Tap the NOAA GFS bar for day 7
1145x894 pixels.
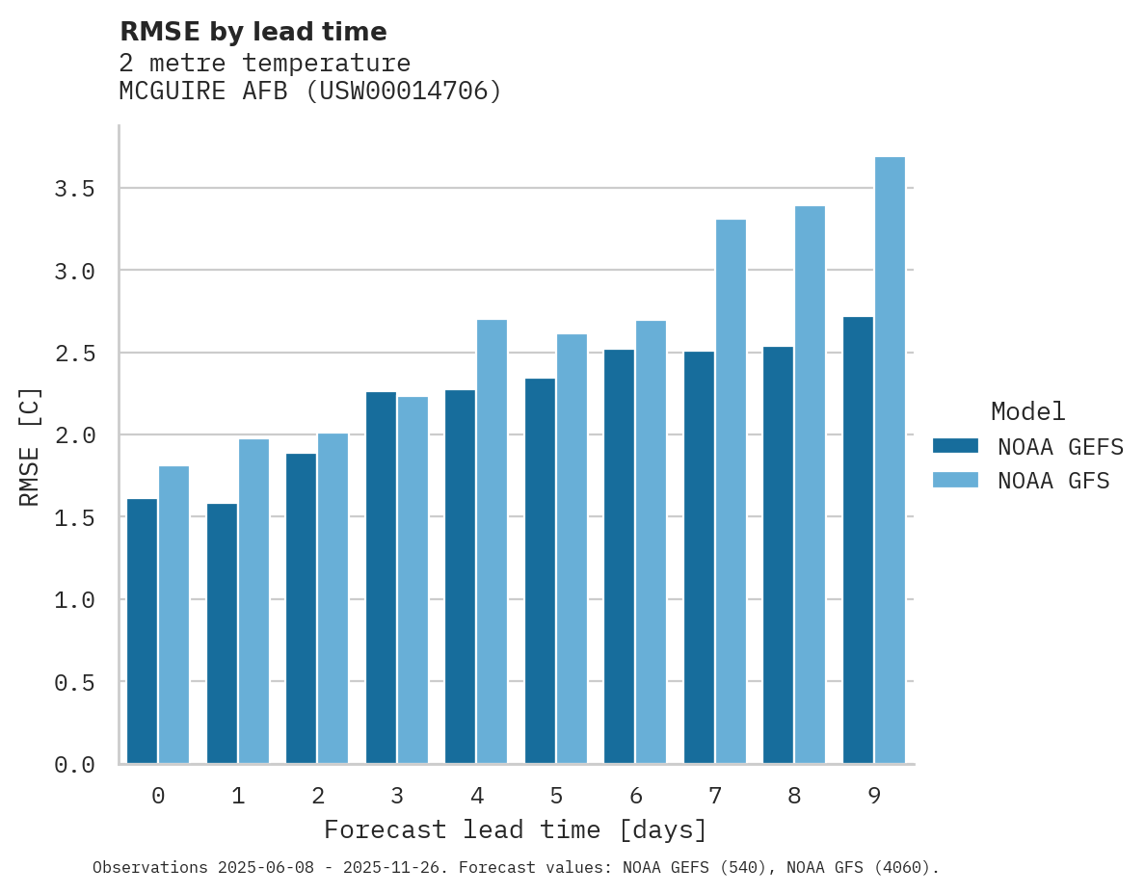pos(731,491)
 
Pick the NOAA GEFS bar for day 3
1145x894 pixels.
pos(381,578)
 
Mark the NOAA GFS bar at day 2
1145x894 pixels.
pos(333,598)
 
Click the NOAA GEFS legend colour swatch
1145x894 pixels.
pos(955,446)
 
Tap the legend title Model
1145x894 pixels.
pos(1027,411)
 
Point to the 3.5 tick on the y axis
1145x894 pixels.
pos(74,189)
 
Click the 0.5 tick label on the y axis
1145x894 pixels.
pos(74,682)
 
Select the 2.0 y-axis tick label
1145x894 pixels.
pos(74,435)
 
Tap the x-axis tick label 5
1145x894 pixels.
pos(556,796)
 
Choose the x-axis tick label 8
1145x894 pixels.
pos(794,796)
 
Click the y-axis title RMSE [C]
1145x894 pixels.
pos(30,446)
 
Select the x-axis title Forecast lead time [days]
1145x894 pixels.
pos(516,829)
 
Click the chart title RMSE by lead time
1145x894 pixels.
pos(253,32)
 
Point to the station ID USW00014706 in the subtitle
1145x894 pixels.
pos(404,92)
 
